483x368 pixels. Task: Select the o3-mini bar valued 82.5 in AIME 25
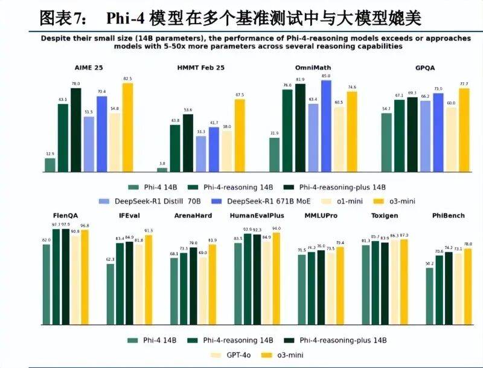[x=127, y=128]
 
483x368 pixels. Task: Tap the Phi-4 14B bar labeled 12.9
[x=50, y=165]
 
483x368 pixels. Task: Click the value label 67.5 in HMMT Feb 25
[x=240, y=94]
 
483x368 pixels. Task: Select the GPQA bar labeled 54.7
[x=386, y=143]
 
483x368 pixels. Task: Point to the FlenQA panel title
[x=65, y=216]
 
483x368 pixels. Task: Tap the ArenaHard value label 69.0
[x=203, y=253]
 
